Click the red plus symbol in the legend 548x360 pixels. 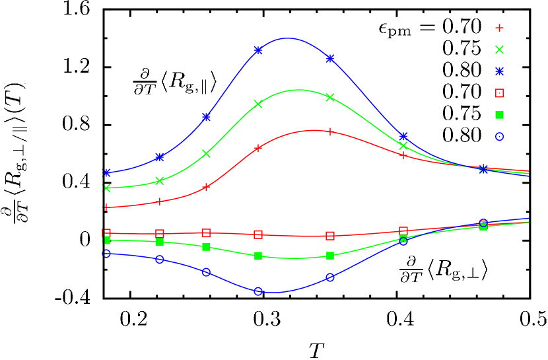pos(499,28)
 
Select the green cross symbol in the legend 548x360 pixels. pos(499,50)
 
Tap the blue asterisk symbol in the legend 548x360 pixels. pos(499,71)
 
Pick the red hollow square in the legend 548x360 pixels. pos(499,93)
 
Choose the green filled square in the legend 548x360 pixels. pos(499,115)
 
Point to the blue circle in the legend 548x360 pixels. pos(499,137)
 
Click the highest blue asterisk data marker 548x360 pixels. pos(258,50)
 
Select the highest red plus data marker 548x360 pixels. pos(329,131)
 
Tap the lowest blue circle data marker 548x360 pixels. pos(258,291)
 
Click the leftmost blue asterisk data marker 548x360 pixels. pos(107,172)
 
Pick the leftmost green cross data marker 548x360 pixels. pos(107,188)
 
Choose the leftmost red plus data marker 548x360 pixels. pos(106,207)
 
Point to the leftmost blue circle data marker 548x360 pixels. pos(106,254)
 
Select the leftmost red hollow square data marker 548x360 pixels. pos(106,233)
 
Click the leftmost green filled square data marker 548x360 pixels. pos(107,240)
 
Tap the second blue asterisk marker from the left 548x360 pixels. pos(160,157)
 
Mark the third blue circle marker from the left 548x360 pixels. pos(206,272)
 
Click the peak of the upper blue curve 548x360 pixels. pos(288,38)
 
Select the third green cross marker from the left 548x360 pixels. pos(206,153)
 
